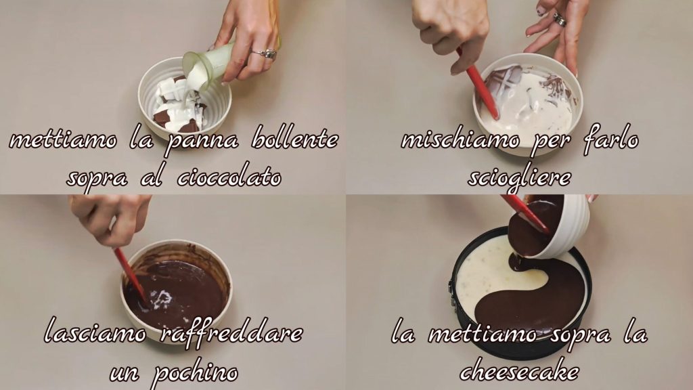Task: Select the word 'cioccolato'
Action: (229, 177)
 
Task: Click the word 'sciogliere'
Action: (519, 178)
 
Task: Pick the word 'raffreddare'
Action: (231, 332)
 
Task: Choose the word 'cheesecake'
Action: (519, 372)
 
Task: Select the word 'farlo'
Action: (611, 139)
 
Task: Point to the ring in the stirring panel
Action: (560, 18)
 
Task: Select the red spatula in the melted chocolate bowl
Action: (131, 275)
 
